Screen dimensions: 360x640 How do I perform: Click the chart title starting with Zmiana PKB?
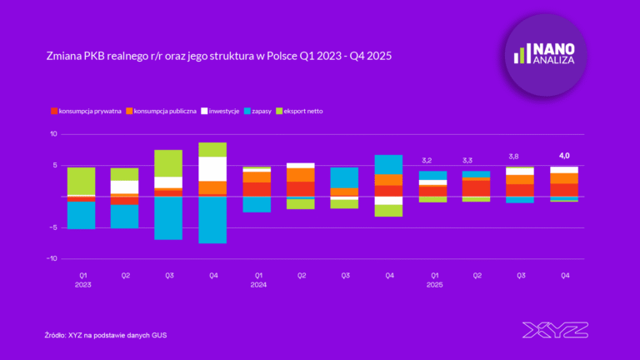[x=218, y=56]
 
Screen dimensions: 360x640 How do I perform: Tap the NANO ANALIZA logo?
[x=547, y=54]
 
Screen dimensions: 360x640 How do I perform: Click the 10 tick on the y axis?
[x=53, y=134]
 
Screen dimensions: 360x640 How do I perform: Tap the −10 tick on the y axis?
[x=52, y=259]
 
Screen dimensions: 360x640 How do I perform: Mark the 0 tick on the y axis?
[x=54, y=197]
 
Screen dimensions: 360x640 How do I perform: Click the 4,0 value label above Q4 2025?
[x=563, y=155]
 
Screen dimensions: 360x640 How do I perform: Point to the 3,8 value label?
[x=520, y=157]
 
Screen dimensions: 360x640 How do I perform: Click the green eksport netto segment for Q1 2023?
[x=81, y=181]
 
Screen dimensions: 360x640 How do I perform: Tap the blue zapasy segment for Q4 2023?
[x=212, y=220]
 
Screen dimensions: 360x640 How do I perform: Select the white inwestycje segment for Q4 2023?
[x=212, y=168]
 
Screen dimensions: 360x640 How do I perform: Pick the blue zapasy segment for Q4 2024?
[x=388, y=164]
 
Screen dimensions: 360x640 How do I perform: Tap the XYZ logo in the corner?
[x=553, y=330]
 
